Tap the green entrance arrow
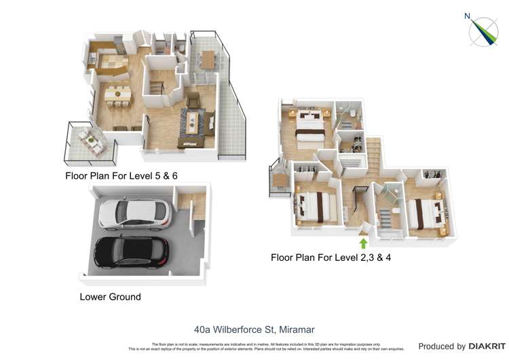tap(363, 242)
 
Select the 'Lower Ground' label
tap(110, 297)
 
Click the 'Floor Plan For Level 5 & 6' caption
tap(126, 176)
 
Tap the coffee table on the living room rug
tap(195, 123)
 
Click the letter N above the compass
tap(466, 16)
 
